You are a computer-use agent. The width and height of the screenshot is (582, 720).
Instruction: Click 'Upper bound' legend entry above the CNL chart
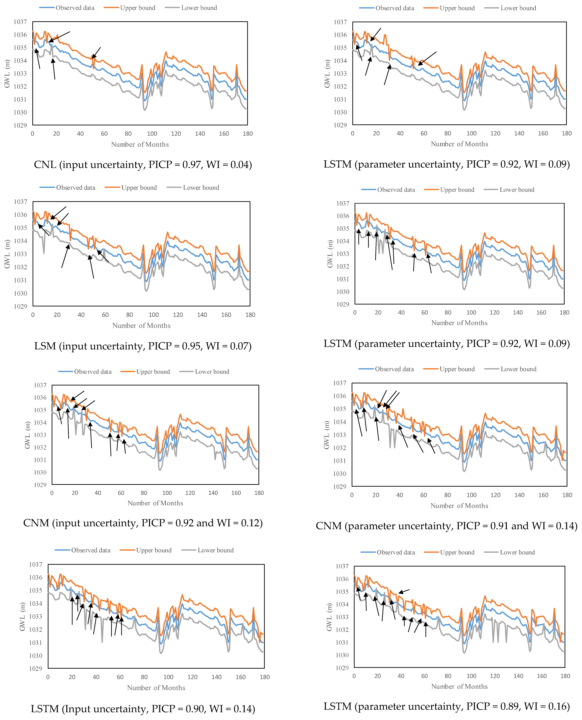point(137,8)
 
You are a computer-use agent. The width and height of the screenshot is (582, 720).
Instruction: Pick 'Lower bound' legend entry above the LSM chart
point(201,188)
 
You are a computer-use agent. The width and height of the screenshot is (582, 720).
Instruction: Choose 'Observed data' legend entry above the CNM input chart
point(92,372)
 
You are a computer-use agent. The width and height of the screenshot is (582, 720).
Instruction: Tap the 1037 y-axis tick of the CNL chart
point(20,22)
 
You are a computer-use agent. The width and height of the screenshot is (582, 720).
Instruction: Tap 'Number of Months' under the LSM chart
point(141,326)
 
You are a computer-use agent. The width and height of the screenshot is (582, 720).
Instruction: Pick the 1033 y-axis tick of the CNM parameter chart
point(340,435)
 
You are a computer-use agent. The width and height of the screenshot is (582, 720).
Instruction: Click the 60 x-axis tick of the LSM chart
point(105,315)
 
